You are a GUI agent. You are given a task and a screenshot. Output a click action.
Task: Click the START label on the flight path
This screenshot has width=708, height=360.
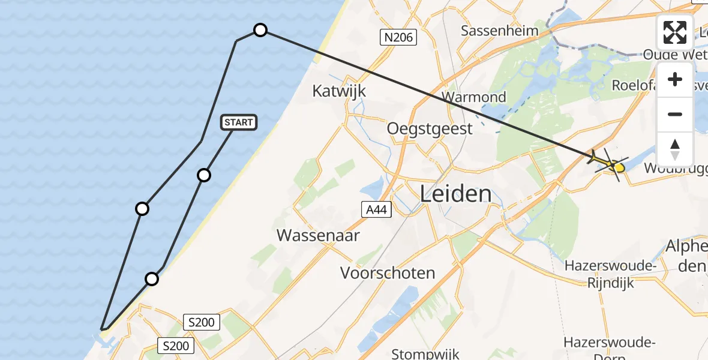coord(239,122)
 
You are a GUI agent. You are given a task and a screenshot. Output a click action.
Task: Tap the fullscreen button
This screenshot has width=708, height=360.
coord(675,32)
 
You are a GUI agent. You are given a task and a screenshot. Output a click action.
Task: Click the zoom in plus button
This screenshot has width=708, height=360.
coord(675,80)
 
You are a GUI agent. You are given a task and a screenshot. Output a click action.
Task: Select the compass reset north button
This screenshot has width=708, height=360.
coord(675,149)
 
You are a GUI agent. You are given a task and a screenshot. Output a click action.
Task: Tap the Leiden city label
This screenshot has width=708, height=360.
coord(455,194)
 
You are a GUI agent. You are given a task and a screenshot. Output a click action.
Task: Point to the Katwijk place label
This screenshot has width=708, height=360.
coord(339,91)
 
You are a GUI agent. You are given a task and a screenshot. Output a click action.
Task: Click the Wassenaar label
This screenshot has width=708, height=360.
coord(318,235)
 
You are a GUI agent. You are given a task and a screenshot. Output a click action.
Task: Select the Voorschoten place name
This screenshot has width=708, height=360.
coord(388,273)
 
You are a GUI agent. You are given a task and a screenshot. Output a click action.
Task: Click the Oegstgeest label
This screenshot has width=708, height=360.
coord(430,128)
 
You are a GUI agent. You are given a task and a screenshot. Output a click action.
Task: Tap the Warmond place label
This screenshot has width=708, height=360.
coord(473,97)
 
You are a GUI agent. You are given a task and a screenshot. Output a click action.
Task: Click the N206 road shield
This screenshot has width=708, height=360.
coord(399,38)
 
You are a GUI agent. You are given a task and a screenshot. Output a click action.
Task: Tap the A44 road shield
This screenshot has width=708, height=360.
coord(377,209)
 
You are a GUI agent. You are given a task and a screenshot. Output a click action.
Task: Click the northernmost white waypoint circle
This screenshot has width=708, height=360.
coord(260,30)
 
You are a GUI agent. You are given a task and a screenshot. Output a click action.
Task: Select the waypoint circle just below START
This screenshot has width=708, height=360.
coord(204,175)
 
